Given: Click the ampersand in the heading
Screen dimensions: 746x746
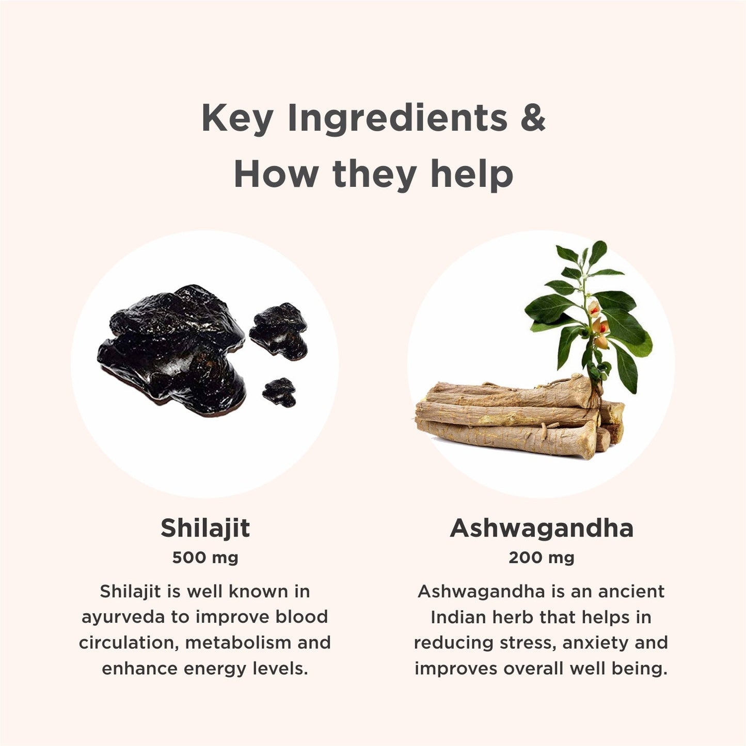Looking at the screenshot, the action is (x=533, y=117).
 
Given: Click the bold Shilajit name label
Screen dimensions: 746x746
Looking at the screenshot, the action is (x=205, y=529).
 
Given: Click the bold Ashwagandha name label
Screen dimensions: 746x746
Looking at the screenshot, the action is (x=541, y=529).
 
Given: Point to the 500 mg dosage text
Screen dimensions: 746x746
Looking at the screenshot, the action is (x=205, y=558).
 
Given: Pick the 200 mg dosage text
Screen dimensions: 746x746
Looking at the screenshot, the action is (x=541, y=558).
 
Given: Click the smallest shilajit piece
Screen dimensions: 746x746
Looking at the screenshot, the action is (x=279, y=392).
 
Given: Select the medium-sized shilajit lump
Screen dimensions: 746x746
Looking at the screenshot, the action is (x=279, y=331).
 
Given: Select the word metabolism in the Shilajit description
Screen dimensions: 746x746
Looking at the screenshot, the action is (x=237, y=643).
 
